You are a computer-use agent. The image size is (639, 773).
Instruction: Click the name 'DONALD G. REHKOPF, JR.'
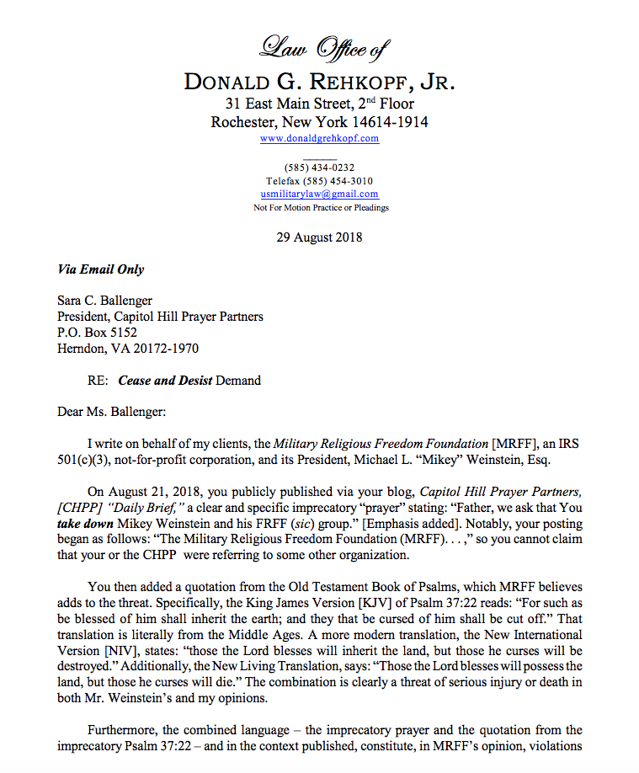pos(319,82)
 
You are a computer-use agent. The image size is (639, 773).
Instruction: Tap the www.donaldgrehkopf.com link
pos(319,138)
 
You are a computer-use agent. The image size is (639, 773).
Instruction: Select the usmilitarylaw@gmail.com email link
pos(319,194)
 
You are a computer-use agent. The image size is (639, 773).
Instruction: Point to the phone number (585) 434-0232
pos(319,168)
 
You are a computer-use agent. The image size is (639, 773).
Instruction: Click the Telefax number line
pos(319,181)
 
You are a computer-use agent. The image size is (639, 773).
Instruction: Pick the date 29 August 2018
pos(319,237)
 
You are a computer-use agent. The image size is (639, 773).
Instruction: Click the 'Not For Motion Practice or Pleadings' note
pos(321,207)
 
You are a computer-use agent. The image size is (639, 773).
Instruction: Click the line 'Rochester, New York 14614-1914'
pos(319,121)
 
